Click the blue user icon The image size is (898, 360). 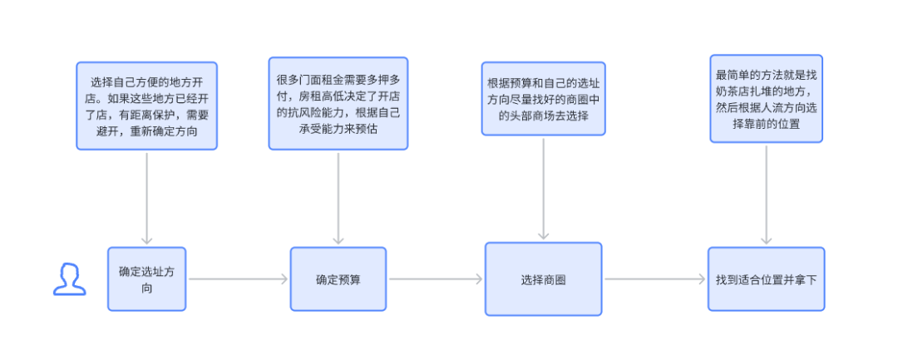(69, 279)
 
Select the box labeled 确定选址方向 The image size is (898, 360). (146, 279)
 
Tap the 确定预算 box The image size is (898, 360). (338, 279)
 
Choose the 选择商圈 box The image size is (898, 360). (544, 279)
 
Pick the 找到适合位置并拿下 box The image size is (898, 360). (767, 279)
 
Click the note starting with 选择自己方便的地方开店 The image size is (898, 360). (146, 106)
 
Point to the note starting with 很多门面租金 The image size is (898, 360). (338, 103)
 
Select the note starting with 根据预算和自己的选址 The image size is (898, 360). (544, 98)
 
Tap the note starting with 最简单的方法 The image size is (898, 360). (767, 98)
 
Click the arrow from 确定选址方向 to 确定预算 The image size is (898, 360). (239, 279)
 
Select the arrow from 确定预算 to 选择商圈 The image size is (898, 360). (436, 279)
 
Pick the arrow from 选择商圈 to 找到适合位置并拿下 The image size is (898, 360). (655, 279)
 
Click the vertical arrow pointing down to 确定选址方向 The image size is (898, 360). (146, 199)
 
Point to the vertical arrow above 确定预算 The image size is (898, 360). (338, 199)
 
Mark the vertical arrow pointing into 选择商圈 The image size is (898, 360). (544, 189)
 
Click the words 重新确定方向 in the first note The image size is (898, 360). (167, 131)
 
